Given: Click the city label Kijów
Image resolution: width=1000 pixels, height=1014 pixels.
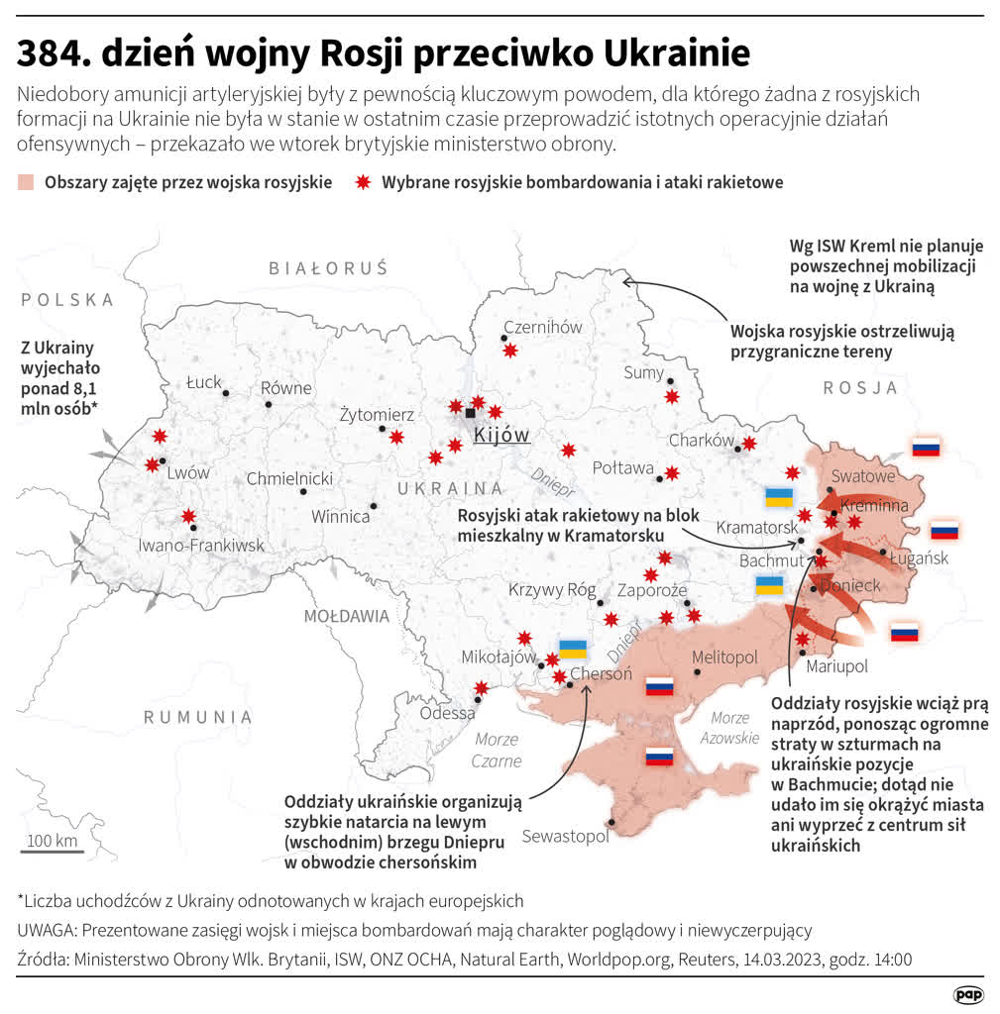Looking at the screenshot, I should click(x=501, y=436).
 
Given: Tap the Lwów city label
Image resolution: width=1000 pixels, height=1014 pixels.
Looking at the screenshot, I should click(x=188, y=473).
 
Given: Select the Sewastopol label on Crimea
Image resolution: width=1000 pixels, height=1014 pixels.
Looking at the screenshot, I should click(x=565, y=836).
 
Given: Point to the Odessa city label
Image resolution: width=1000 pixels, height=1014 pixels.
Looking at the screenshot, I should click(x=447, y=713).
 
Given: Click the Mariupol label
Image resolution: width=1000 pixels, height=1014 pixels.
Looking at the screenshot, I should click(x=836, y=666).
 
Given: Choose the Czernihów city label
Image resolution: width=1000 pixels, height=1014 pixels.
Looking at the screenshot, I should click(x=542, y=327).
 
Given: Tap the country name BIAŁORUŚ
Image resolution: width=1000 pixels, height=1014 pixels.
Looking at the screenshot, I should click(x=328, y=268).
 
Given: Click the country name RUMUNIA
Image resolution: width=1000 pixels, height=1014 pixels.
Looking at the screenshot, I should click(x=197, y=717).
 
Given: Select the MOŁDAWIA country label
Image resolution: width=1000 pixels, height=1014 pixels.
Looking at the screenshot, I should click(x=346, y=616).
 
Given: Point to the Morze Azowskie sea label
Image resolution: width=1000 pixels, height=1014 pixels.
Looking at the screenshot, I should click(x=730, y=728).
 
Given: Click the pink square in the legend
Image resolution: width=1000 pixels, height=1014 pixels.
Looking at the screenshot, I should click(x=26, y=182).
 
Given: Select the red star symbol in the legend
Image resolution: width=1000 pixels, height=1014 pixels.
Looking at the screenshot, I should click(x=363, y=182).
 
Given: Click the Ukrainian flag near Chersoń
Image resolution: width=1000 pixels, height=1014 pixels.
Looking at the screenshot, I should click(x=573, y=650).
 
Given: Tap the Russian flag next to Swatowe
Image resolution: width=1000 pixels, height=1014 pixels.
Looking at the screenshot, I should click(x=926, y=447).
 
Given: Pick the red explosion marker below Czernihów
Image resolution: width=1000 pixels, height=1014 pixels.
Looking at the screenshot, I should click(x=510, y=350).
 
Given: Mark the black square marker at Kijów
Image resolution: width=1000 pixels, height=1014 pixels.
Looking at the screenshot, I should click(x=470, y=413).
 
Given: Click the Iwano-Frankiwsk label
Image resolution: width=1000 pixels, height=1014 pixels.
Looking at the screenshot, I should click(x=201, y=546).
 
